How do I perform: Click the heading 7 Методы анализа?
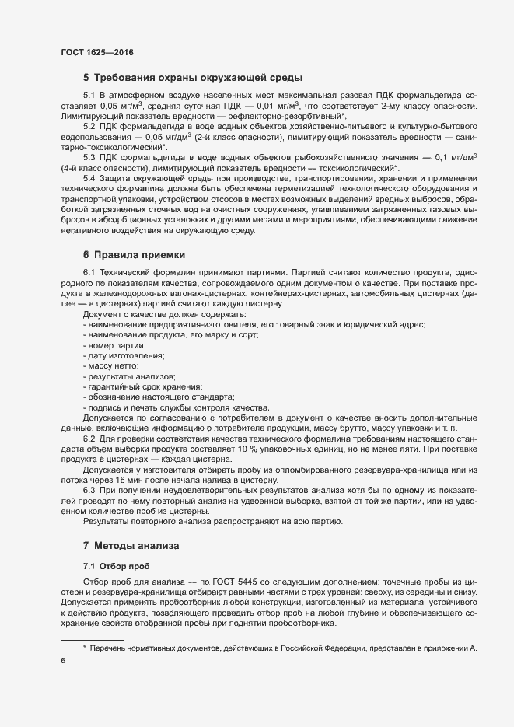pyautogui.click(x=131, y=547)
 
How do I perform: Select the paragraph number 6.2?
pyautogui.click(x=89, y=439)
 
